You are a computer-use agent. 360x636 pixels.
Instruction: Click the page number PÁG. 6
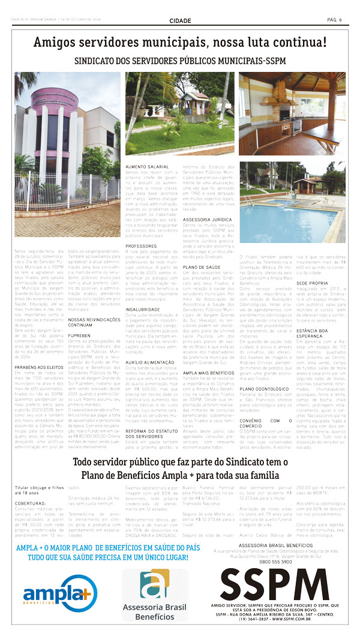(x=334, y=20)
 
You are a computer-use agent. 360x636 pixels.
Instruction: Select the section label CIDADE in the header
(x=180, y=20)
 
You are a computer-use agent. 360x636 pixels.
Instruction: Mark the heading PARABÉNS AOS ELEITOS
(x=40, y=350)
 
